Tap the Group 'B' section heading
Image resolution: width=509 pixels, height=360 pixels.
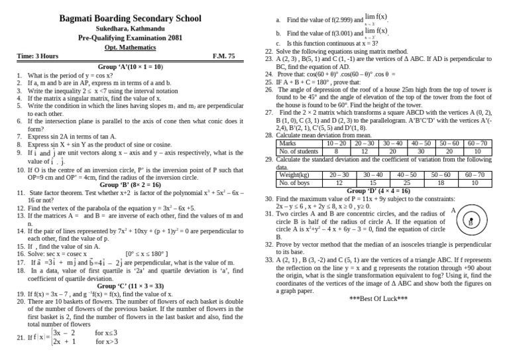click(130, 184)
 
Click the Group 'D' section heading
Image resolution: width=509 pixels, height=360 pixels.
click(378, 190)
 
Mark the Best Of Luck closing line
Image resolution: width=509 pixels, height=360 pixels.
click(378, 299)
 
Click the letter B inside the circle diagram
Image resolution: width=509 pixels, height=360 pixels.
click(470, 223)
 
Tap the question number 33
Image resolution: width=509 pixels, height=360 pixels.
click(269, 260)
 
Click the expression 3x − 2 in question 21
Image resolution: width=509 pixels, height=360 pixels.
click(68, 332)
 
